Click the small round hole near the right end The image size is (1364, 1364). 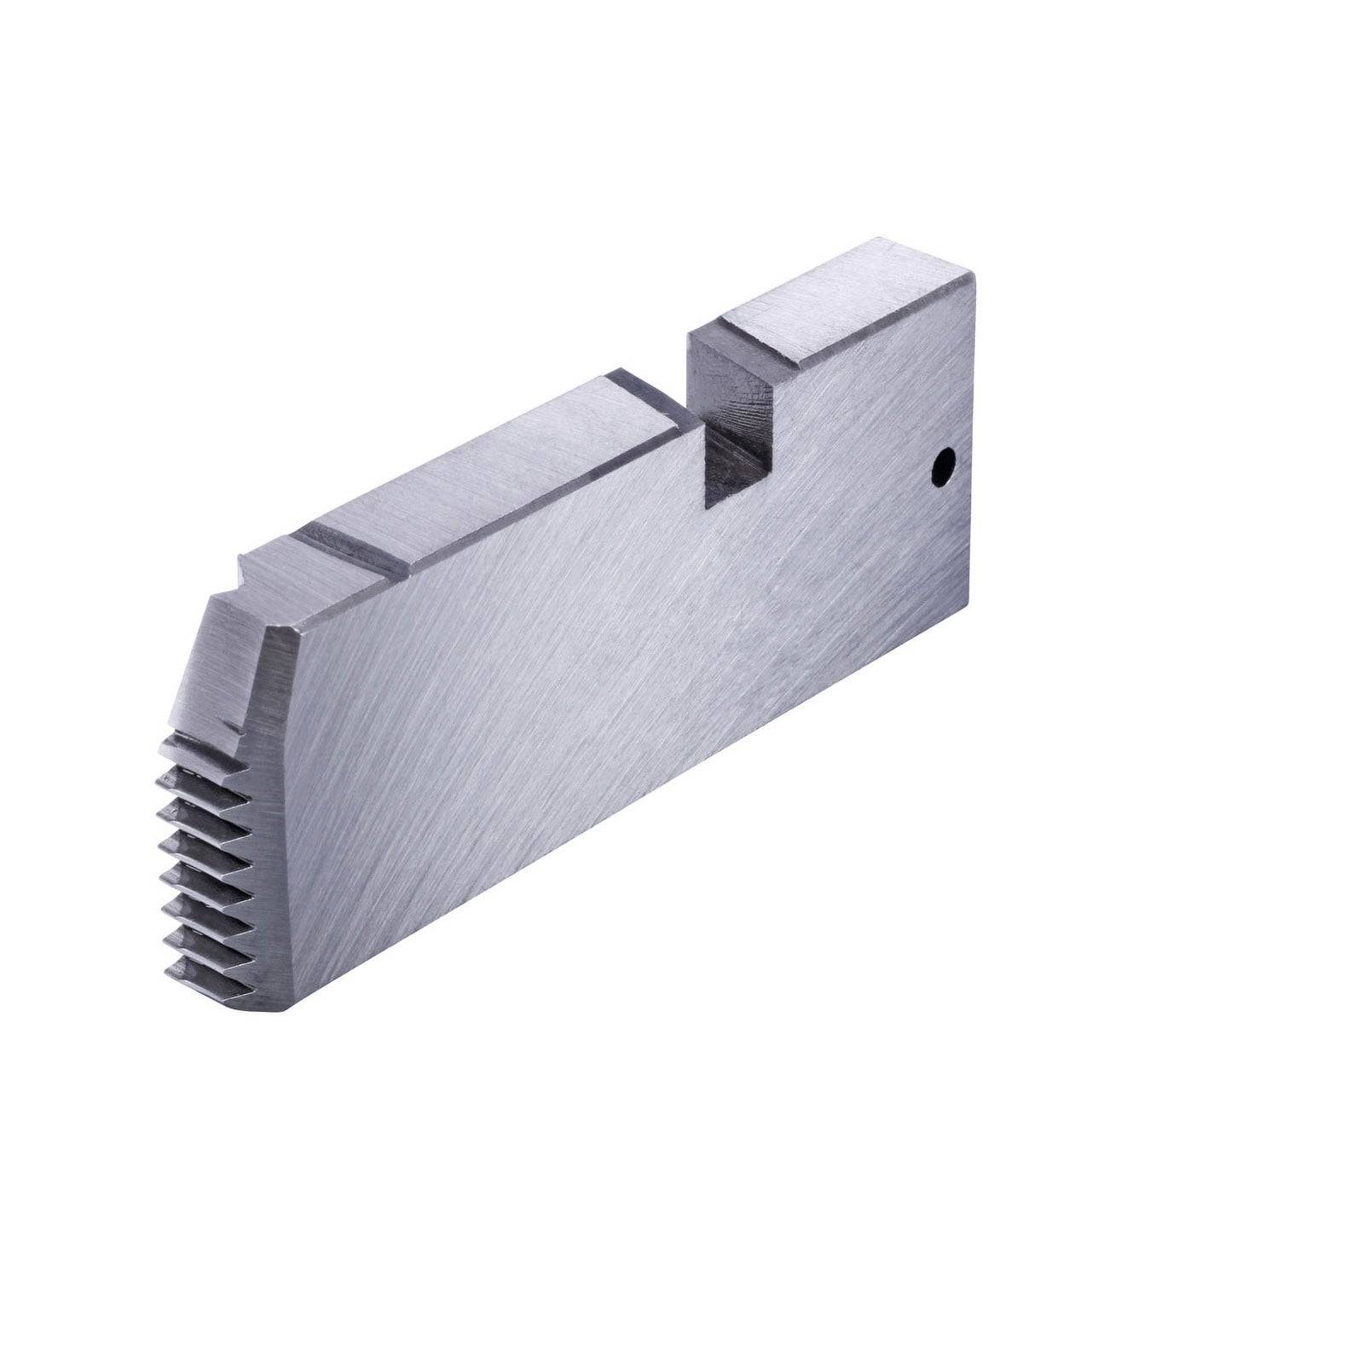943,466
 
